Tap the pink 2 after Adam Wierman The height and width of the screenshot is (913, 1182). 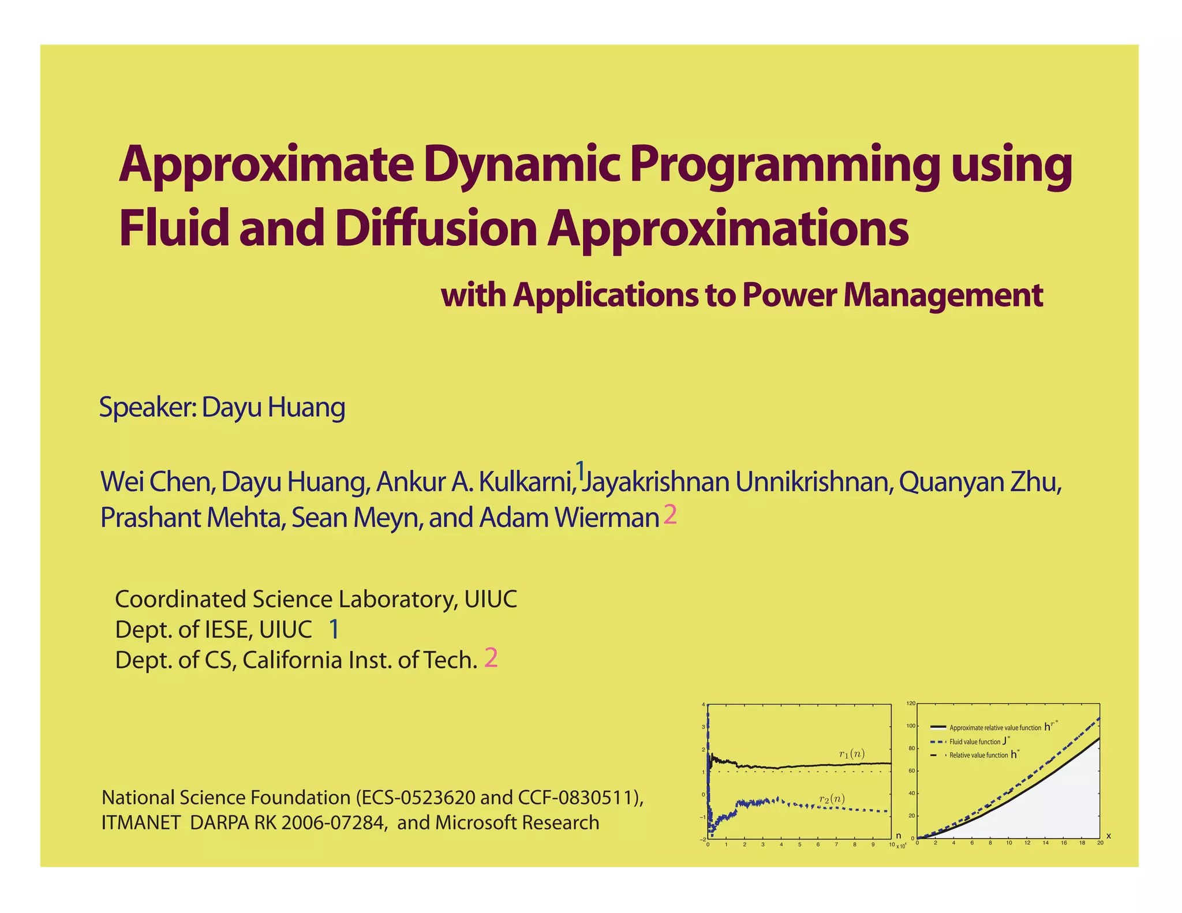pyautogui.click(x=669, y=515)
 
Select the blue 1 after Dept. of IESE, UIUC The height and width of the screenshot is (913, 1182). pyautogui.click(x=334, y=629)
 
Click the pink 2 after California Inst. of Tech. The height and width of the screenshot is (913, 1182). pyautogui.click(x=491, y=658)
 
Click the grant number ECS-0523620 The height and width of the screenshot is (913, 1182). pyautogui.click(x=418, y=798)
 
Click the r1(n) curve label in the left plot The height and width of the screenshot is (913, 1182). pyautogui.click(x=851, y=754)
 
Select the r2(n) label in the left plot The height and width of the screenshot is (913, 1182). pyautogui.click(x=832, y=799)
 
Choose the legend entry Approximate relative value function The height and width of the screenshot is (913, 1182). pyautogui.click(x=995, y=728)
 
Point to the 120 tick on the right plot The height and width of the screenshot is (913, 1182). pyautogui.click(x=911, y=704)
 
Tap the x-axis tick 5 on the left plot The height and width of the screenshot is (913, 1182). pyautogui.click(x=799, y=844)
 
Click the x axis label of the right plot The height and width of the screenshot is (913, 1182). pyautogui.click(x=1108, y=836)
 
